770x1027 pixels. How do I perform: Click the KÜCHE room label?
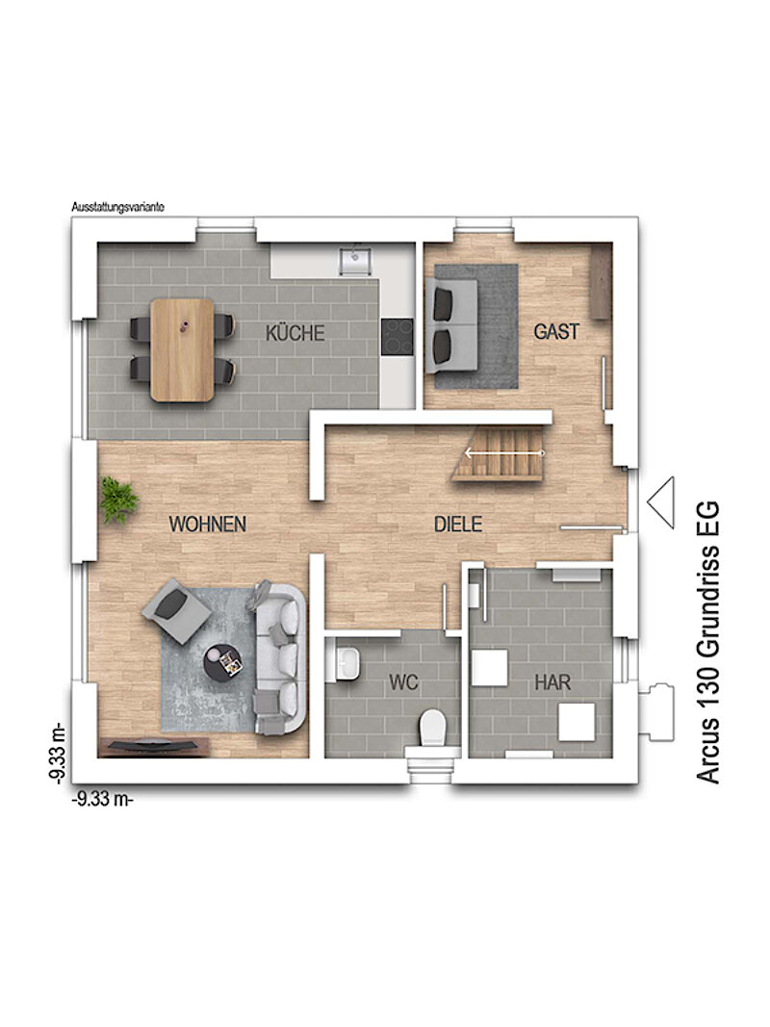tap(295, 333)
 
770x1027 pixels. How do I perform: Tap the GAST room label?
tap(556, 331)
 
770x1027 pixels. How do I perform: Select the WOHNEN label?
tap(208, 524)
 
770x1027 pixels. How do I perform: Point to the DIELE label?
tap(458, 524)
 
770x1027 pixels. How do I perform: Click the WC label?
tap(403, 682)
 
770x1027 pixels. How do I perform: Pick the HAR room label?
tap(552, 682)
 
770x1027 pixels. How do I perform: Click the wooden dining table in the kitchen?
tap(182, 349)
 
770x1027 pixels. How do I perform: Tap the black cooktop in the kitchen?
tap(398, 337)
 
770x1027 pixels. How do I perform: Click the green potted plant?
tap(118, 500)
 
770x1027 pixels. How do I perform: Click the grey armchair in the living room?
tap(175, 610)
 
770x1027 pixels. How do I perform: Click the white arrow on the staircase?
tap(504, 452)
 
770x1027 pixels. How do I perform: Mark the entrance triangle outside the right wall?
tap(661, 502)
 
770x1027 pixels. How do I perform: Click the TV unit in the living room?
tap(153, 747)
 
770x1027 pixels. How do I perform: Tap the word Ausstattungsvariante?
tap(117, 207)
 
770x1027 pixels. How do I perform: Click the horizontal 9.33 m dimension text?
tap(102, 800)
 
